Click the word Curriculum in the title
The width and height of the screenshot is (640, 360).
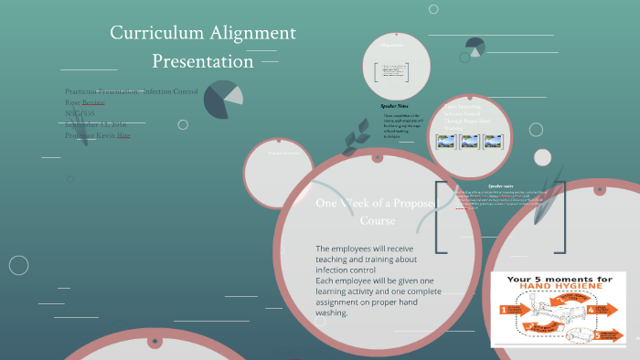point(150,33)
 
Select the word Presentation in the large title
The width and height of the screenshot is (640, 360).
point(203,62)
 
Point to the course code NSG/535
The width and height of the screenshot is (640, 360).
point(82,113)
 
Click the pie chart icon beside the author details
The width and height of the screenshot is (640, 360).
point(223,99)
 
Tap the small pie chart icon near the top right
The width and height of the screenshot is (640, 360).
point(475,47)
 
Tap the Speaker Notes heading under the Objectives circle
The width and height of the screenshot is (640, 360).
point(394,106)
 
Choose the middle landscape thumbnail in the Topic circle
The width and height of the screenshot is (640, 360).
point(469,142)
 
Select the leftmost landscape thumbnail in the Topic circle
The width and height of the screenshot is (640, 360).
point(447,142)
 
